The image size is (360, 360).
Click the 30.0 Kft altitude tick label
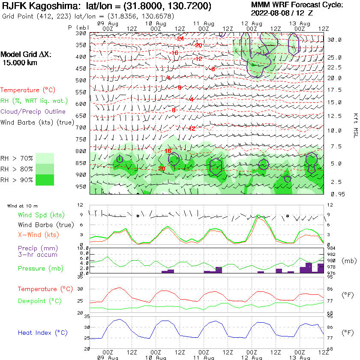(x=335, y=39)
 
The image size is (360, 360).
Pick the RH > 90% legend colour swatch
(x=45, y=180)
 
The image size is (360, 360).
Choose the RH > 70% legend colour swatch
(x=45, y=158)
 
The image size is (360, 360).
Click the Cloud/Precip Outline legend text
(x=33, y=111)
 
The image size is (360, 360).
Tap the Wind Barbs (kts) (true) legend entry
(x=37, y=123)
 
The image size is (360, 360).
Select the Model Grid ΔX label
(x=26, y=55)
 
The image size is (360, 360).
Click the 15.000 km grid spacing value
(x=19, y=63)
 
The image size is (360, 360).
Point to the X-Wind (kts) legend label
(x=39, y=235)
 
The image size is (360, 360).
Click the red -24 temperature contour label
(x=180, y=39)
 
